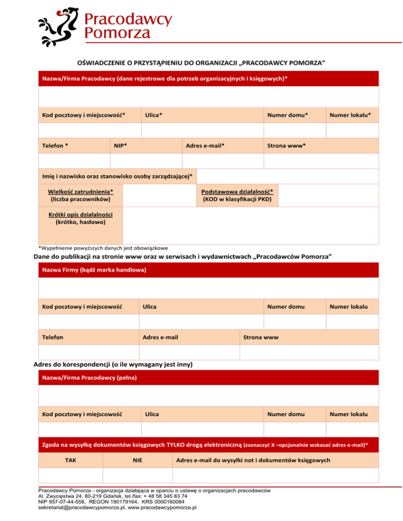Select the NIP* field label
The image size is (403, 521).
[120, 145]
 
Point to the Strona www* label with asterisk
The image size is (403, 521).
[287, 145]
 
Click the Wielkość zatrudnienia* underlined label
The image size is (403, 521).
[80, 192]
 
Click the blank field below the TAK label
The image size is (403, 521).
[70, 475]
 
